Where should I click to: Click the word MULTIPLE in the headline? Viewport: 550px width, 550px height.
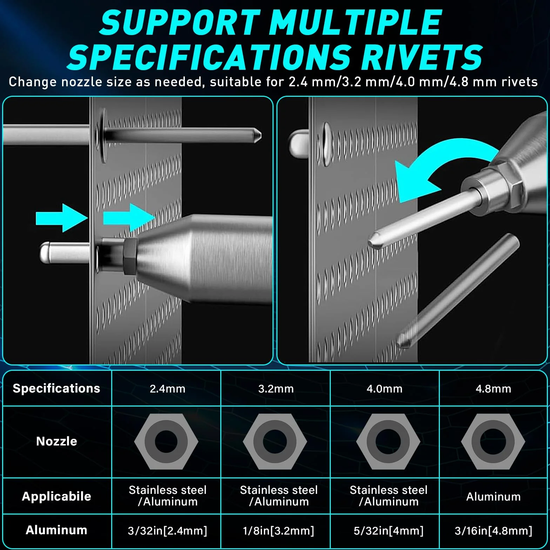[x=355, y=22]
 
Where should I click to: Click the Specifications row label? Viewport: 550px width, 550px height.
[x=56, y=388]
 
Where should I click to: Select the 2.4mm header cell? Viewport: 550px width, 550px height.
[x=167, y=389]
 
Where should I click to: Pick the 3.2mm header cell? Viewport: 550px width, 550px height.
[x=276, y=389]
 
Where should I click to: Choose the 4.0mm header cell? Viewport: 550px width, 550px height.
[x=384, y=389]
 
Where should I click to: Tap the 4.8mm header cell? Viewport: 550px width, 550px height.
[x=493, y=389]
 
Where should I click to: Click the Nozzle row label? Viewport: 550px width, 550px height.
[x=56, y=441]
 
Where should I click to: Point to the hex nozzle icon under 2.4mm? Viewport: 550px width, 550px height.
[x=166, y=441]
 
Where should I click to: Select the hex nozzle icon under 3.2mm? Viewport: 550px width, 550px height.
[x=275, y=441]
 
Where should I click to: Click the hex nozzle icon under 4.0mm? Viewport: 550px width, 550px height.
[x=388, y=441]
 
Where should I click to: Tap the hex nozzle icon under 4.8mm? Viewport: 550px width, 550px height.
[x=493, y=441]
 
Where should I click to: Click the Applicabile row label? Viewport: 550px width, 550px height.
[x=56, y=496]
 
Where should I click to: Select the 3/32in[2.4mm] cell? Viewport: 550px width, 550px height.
[x=167, y=531]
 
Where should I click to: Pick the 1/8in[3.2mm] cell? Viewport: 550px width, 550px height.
[x=279, y=531]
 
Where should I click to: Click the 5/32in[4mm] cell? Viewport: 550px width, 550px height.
[x=389, y=531]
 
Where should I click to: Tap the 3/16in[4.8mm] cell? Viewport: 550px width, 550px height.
[x=494, y=531]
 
